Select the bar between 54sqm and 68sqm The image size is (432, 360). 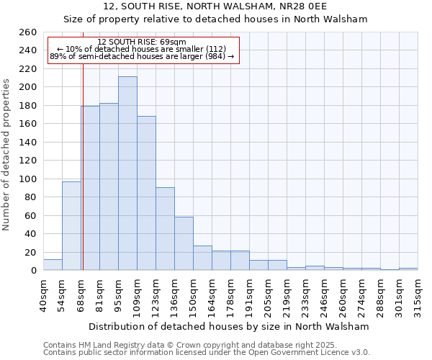pyautogui.click(x=71, y=226)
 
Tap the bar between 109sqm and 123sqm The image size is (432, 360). pyautogui.click(x=146, y=193)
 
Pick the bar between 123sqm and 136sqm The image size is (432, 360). pyautogui.click(x=165, y=229)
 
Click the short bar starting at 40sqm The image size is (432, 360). pyautogui.click(x=53, y=265)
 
